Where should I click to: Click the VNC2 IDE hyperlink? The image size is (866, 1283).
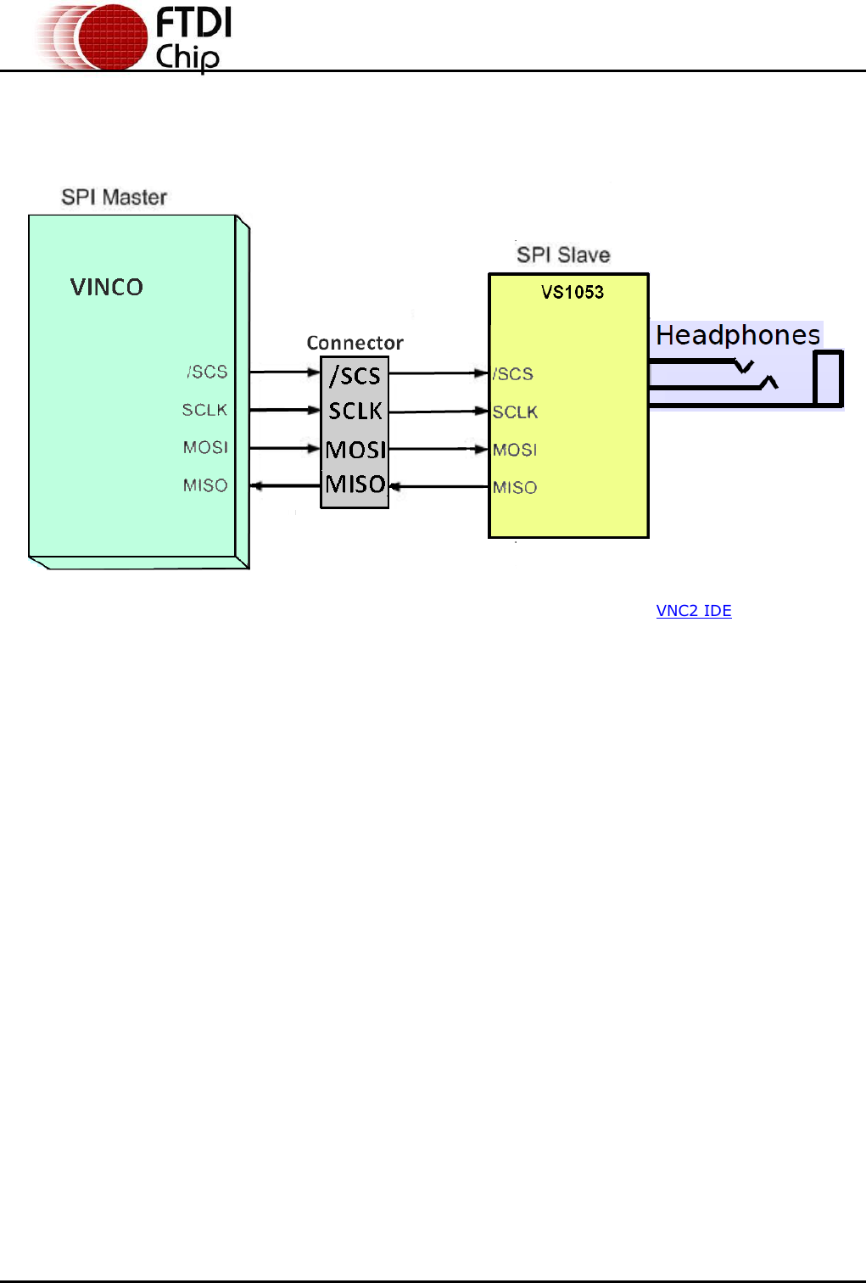tap(693, 611)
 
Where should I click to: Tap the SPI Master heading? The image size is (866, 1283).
tap(114, 198)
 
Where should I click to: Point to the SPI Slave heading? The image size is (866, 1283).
tap(563, 255)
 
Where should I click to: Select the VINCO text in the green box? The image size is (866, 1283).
tap(107, 288)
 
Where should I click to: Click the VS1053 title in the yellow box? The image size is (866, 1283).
tap(573, 293)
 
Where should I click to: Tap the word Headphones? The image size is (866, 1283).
tap(738, 335)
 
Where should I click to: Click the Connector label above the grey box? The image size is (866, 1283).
tap(355, 343)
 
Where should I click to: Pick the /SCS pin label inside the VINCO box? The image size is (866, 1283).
tap(207, 372)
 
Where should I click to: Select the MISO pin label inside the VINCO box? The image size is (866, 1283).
tap(205, 485)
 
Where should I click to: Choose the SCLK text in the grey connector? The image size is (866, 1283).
tap(355, 411)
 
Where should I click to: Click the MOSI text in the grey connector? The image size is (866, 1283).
tap(355, 449)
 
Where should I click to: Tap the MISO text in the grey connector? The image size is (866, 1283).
tap(355, 485)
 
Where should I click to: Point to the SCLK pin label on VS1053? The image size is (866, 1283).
tap(515, 412)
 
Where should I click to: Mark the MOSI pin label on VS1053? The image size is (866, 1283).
tap(515, 450)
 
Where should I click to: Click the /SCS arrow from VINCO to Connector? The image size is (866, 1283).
tap(285, 372)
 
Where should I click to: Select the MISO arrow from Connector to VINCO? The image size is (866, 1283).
tap(285, 486)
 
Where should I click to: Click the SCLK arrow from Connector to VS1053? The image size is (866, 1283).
tap(439, 412)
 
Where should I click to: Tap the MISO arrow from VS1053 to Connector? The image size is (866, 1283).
tap(439, 487)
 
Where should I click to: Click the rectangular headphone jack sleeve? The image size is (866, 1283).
tap(828, 378)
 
